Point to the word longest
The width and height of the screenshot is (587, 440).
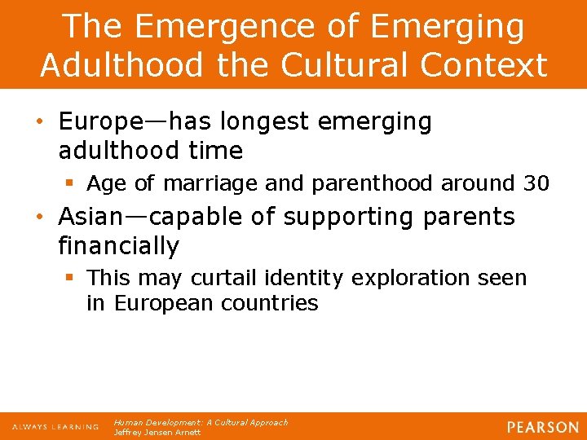[x=272, y=122]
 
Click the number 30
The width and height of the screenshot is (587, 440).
[x=536, y=184]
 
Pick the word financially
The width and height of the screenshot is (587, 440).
[x=119, y=245]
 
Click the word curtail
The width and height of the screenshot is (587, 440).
[x=219, y=278]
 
